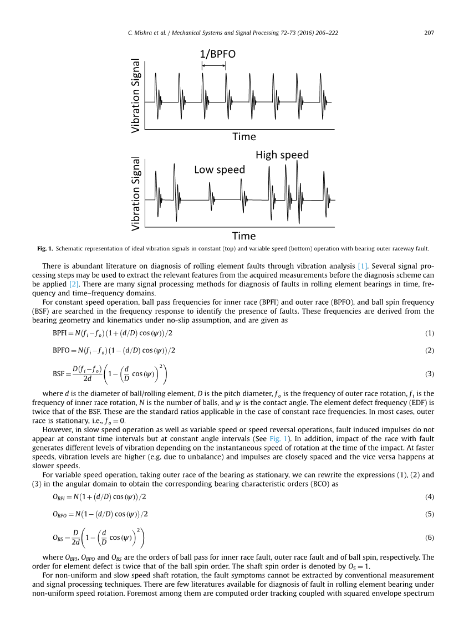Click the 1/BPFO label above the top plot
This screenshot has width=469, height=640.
tap(218, 54)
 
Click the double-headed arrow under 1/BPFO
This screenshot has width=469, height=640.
tap(213, 66)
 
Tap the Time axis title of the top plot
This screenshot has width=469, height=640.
tap(244, 136)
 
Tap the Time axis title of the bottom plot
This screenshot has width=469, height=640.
tap(244, 236)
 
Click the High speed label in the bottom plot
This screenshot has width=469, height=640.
tap(282, 155)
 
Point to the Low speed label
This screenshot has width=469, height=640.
tap(220, 170)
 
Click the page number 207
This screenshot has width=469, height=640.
tap(429, 33)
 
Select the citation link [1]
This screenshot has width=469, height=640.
tap(363, 266)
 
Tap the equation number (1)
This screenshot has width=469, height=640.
tap(430, 334)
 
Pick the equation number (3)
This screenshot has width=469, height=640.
tap(430, 374)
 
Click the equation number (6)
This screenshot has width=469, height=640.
tap(430, 537)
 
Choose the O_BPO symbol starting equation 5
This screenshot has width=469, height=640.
tap(60, 514)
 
